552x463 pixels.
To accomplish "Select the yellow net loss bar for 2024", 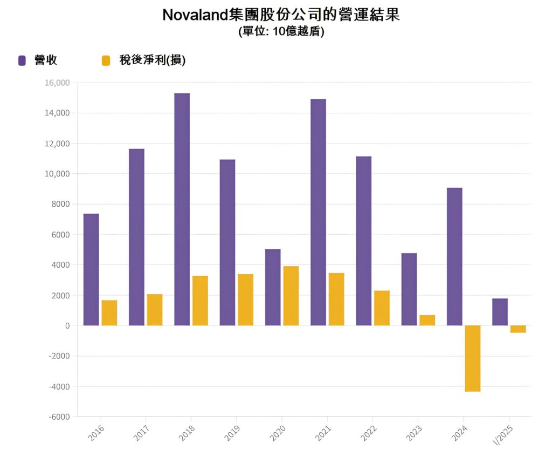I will (x=473, y=358).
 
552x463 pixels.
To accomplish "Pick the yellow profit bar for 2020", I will (x=291, y=296).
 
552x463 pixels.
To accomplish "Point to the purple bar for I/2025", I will (x=500, y=312).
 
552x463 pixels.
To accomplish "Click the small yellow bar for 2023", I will (x=427, y=320).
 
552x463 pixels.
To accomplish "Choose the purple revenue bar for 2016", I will (x=91, y=269).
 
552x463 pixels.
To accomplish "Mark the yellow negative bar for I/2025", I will (x=518, y=329).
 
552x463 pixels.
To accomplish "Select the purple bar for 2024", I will (x=454, y=256).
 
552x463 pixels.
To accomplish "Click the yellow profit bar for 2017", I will (x=155, y=310).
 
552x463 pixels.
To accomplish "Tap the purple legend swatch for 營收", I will (x=22, y=60).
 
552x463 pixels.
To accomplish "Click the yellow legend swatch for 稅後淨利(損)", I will (x=106, y=60).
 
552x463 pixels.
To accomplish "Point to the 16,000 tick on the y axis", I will (x=58, y=83).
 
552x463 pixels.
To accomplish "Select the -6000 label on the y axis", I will (x=60, y=417).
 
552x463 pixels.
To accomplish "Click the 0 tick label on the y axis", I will (x=67, y=325).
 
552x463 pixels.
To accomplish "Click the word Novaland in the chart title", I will (x=196, y=15).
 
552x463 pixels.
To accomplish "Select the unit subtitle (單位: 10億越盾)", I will (x=281, y=31).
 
